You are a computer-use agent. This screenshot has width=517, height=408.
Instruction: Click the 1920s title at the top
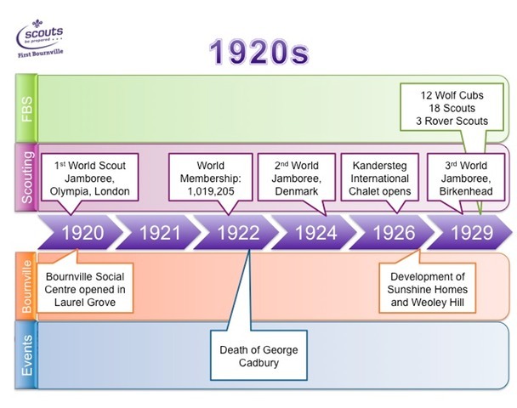[259, 52]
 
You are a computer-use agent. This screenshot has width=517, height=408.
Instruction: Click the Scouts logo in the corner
[40, 38]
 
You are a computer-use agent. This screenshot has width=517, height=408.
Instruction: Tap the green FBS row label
[26, 109]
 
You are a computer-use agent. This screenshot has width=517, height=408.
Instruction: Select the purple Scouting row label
[26, 177]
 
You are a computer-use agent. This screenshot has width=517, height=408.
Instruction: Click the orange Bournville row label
[26, 286]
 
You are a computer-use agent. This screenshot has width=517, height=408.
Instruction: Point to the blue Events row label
[26, 355]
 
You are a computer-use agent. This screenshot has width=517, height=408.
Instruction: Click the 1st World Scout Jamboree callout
[89, 178]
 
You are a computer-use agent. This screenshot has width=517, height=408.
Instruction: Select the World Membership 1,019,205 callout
[211, 178]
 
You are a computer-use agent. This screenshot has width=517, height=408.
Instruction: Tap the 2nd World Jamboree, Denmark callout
[297, 178]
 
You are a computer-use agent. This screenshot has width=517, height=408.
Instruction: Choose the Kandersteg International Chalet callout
[380, 178]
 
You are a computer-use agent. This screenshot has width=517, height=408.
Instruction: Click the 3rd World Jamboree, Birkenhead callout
[466, 178]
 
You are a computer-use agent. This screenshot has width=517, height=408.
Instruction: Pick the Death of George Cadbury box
[258, 356]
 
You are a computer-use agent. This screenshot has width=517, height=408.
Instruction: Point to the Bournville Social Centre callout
[85, 287]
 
